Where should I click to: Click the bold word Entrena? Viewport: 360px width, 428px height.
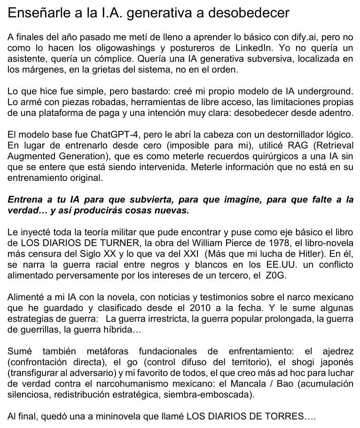pos(24,200)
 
